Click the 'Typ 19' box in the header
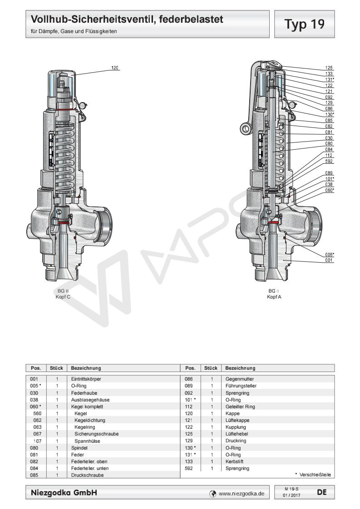[305, 24]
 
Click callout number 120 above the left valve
[115, 68]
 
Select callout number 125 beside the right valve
[329, 68]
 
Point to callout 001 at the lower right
[329, 260]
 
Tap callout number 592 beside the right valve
[329, 161]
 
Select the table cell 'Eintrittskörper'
[86, 378]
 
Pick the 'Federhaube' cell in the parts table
[82, 392]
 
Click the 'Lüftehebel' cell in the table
[236, 435]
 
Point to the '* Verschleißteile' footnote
[313, 475]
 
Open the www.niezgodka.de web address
[241, 493]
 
